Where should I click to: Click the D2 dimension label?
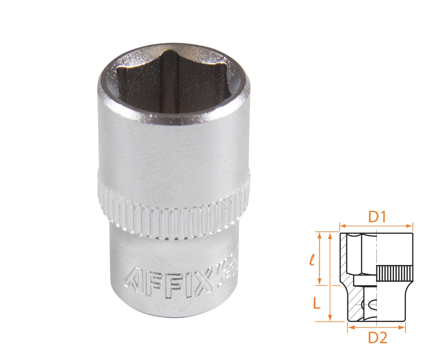coord(377,338)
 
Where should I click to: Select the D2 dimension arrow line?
coord(376,327)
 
